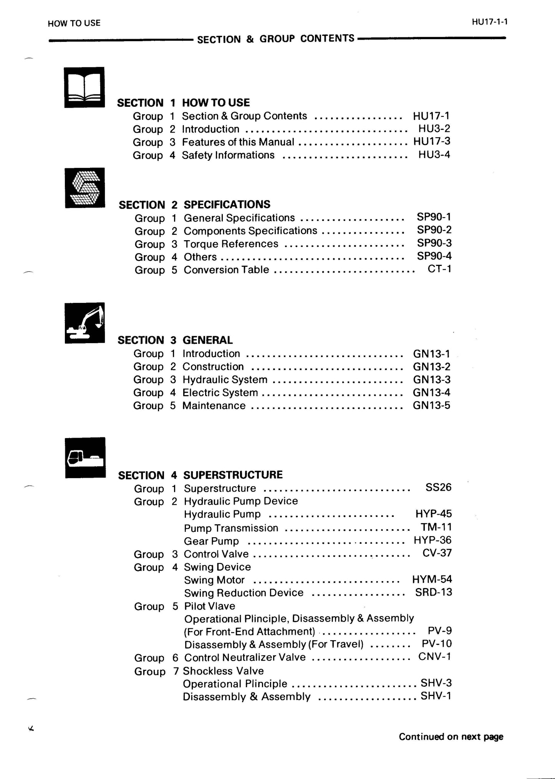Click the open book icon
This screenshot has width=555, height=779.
(x=84, y=87)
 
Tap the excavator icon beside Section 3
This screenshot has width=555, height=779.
(x=85, y=323)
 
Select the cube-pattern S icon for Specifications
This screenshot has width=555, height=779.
(x=85, y=188)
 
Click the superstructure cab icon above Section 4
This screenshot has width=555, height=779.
(x=85, y=457)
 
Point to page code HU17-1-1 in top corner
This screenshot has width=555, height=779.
(x=490, y=22)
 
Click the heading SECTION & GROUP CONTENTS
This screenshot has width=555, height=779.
(x=275, y=39)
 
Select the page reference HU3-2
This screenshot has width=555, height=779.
(x=434, y=129)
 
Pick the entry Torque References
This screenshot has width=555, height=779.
(x=231, y=244)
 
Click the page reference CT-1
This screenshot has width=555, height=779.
(x=439, y=269)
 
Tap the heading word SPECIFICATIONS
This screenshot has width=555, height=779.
(x=227, y=204)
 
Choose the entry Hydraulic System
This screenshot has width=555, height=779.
(x=225, y=380)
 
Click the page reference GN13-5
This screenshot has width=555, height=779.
(x=431, y=405)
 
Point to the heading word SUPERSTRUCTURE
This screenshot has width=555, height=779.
(x=233, y=475)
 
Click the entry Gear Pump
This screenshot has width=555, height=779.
(x=211, y=541)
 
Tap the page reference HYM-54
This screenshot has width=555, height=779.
(x=432, y=579)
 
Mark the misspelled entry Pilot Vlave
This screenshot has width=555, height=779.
(x=210, y=606)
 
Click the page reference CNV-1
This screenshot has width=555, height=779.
(x=434, y=656)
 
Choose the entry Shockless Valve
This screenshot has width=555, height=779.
(x=223, y=671)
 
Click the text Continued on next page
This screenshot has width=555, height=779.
(x=451, y=737)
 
